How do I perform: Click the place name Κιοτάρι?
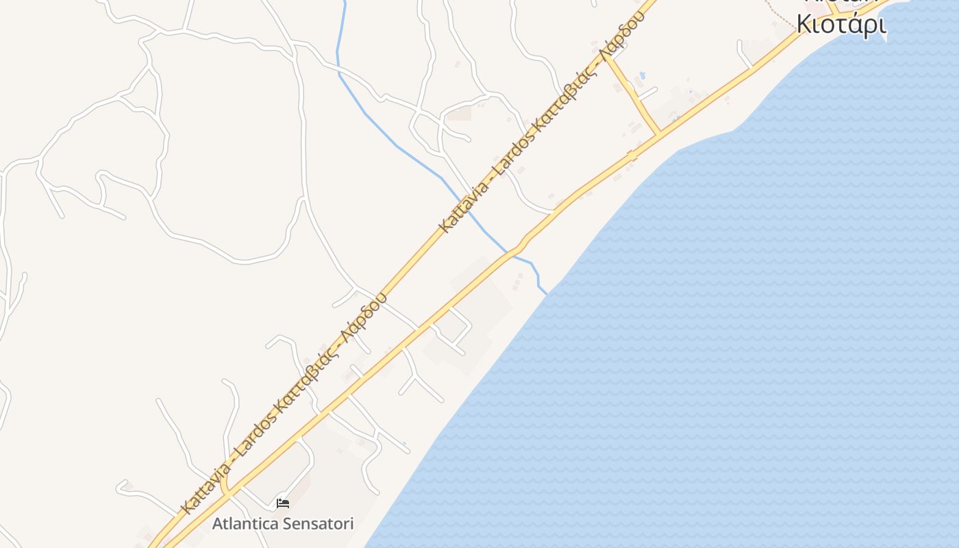[841, 24]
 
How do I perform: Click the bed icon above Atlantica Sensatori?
[282, 503]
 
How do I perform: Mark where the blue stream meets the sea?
[547, 293]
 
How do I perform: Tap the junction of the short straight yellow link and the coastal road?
[659, 134]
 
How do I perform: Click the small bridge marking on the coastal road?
[632, 155]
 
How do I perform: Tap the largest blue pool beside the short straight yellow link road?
[642, 75]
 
